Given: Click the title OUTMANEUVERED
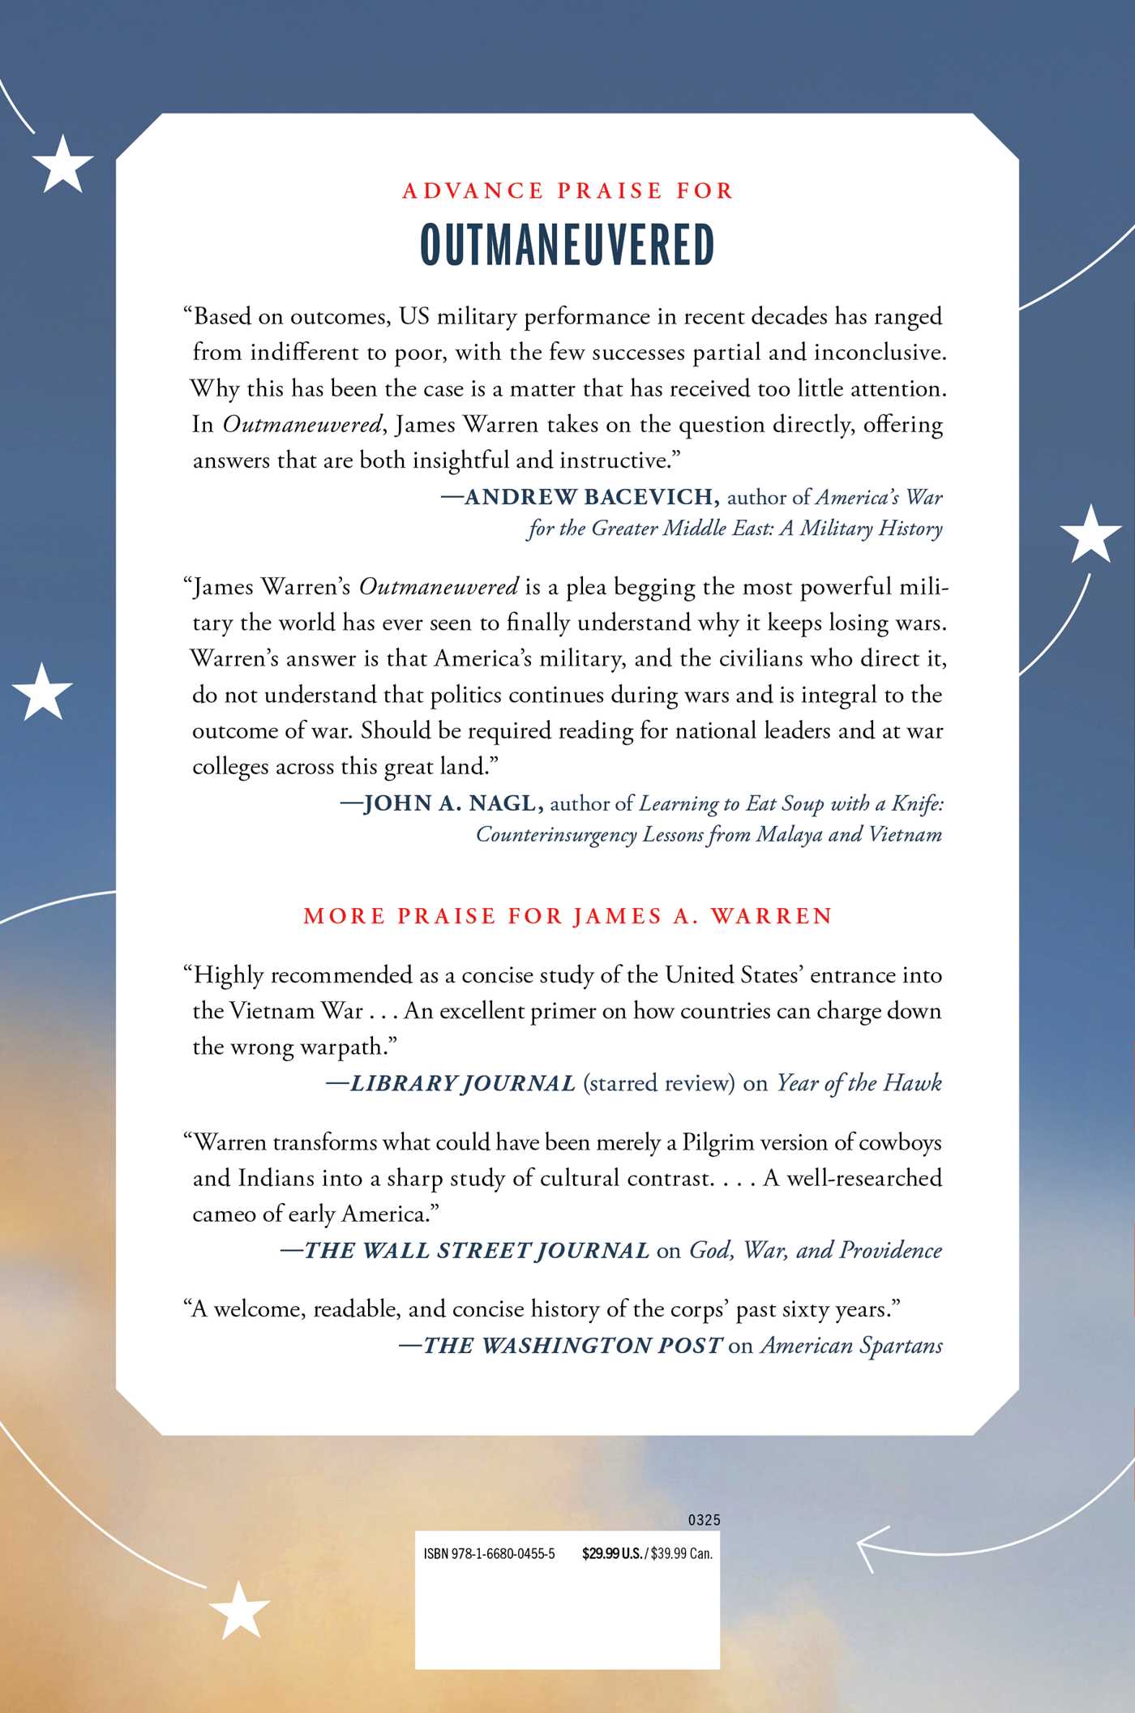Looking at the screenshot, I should [567, 245].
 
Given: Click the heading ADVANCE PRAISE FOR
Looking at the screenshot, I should [567, 191].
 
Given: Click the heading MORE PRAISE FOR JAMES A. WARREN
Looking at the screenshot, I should [567, 916].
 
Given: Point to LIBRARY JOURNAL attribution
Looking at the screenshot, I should [462, 1083].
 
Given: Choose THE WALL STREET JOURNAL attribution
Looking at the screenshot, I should [477, 1250].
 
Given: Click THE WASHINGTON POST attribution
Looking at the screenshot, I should [572, 1345].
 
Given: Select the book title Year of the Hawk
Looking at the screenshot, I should [859, 1083].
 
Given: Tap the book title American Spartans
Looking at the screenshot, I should [851, 1345].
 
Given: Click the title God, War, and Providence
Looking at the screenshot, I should [816, 1250].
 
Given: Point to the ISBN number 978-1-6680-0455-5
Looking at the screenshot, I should [489, 1554].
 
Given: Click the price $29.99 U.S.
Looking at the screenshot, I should [612, 1554].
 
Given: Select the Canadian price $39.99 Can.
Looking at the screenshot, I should [682, 1554].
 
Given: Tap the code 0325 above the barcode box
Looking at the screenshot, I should [704, 1520].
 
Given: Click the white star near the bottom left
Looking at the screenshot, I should [239, 1609].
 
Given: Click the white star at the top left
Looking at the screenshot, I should [62, 164].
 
